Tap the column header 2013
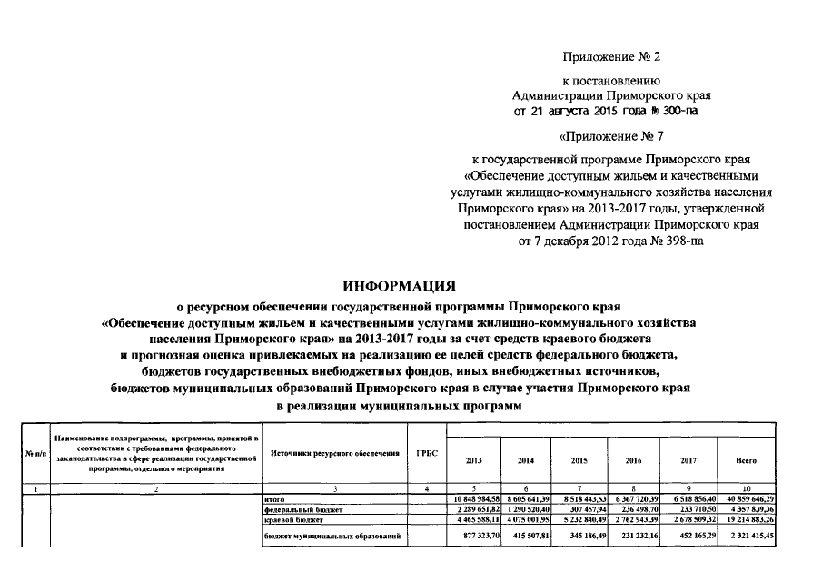tap(474, 461)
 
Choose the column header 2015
tap(579, 461)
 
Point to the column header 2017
tap(688, 461)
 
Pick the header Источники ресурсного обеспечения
tap(332, 453)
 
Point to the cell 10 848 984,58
tap(476, 500)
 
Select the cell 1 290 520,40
tap(527, 510)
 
